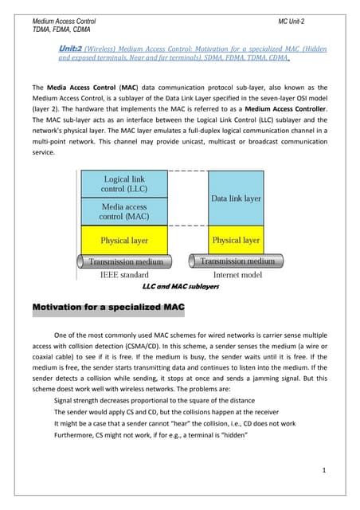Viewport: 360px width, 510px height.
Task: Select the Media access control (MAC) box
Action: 123,211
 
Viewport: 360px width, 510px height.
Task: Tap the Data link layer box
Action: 235,198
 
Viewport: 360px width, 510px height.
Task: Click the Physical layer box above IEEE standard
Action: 125,239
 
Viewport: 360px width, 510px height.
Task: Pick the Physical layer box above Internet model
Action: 235,239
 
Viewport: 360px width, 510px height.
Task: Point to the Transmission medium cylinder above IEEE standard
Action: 125,261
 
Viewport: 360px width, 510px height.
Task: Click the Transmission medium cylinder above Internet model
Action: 236,261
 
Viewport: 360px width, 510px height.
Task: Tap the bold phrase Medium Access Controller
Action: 280,109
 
